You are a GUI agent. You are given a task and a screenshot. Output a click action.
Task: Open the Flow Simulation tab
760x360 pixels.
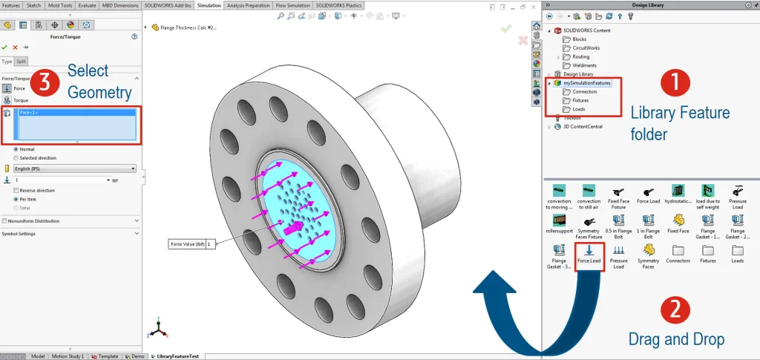[x=292, y=5]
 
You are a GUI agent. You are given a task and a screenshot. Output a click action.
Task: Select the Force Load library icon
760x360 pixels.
[x=589, y=253]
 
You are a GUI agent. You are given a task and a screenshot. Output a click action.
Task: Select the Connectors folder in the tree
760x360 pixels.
[x=585, y=91]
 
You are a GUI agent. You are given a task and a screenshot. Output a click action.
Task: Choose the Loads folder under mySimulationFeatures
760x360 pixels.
[x=580, y=109]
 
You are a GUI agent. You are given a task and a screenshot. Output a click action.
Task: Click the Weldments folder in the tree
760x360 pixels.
[x=584, y=65]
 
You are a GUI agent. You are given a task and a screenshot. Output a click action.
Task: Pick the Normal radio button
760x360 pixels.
[x=16, y=149]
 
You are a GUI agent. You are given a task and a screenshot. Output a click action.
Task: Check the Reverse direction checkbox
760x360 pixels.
[x=16, y=190]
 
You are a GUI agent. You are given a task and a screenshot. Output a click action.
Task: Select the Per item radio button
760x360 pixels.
[x=16, y=199]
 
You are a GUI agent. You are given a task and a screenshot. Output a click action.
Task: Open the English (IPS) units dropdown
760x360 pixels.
[x=74, y=168]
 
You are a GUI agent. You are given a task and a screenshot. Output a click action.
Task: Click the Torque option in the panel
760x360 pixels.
[x=20, y=99]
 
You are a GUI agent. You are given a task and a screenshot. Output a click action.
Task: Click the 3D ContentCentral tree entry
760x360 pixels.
[x=583, y=126]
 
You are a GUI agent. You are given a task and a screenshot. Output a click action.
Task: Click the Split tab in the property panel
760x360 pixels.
[x=22, y=62]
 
